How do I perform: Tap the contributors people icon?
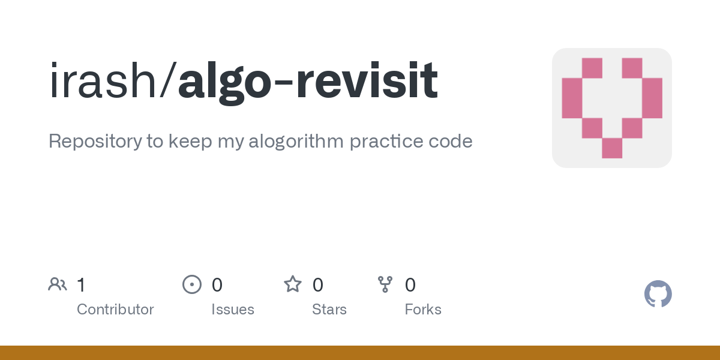tap(58, 284)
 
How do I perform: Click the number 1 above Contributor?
tap(81, 284)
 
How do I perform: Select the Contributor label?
tap(115, 310)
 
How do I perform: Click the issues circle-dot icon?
tap(191, 284)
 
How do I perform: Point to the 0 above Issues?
tap(217, 284)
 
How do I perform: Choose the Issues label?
tap(233, 310)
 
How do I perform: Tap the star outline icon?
tap(293, 284)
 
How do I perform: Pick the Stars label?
tap(329, 310)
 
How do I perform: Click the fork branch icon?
tap(385, 284)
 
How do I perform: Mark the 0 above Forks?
tap(410, 284)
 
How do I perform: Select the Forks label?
tap(423, 310)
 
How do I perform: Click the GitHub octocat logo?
tap(658, 294)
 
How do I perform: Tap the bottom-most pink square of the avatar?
tap(612, 148)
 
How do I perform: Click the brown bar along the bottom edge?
tap(360, 353)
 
